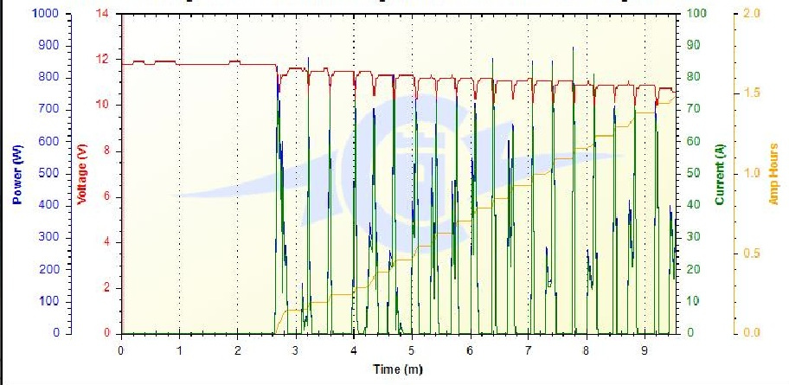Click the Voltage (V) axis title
tap(83, 174)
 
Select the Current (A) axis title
tap(719, 174)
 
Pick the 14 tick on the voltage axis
tap(105, 14)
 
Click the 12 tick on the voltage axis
tap(105, 60)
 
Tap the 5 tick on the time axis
tap(412, 350)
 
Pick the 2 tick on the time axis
tap(237, 350)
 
